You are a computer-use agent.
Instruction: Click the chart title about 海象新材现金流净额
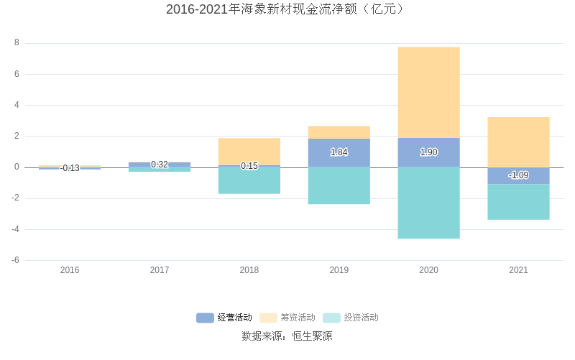pos(287,9)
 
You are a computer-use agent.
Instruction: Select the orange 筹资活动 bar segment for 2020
pos(428,92)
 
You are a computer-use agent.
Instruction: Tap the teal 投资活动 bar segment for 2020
pos(428,203)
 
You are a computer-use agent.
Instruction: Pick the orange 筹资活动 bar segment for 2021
pos(518,142)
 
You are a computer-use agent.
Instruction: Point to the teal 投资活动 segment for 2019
pos(339,185)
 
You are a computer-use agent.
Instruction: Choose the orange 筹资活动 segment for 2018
pos(249,151)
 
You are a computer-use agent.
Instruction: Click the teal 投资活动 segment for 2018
pos(249,180)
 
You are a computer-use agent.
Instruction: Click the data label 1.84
pos(339,152)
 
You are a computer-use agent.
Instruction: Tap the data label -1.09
pos(518,175)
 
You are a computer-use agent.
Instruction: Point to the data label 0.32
pos(160,165)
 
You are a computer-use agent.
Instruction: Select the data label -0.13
pos(70,168)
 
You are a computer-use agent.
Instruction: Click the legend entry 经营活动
pos(224,318)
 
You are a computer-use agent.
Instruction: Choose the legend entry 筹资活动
pos(287,318)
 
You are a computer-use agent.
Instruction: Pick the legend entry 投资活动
pos(351,318)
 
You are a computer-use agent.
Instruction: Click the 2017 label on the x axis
pos(160,270)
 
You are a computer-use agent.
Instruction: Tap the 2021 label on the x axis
pos(518,270)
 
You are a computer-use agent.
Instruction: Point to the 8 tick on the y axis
pos(17,43)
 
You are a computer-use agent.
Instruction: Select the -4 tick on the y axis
pos(15,229)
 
